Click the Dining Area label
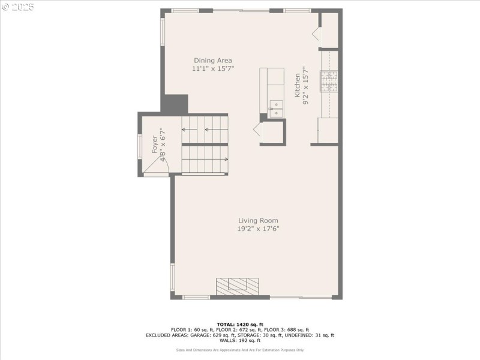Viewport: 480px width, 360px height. [212, 61]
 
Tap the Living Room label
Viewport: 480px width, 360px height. [258, 220]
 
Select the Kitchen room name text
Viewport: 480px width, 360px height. [297, 86]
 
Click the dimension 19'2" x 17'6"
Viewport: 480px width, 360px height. [258, 229]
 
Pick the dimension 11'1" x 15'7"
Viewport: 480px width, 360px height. [212, 69]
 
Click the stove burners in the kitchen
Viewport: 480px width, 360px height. [329, 82]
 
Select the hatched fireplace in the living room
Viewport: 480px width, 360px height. [238, 286]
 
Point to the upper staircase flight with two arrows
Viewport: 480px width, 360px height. [205, 129]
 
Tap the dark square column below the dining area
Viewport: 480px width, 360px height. [175, 103]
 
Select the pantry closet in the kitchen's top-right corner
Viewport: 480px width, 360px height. [329, 30]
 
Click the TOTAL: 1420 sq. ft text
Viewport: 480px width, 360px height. [240, 324]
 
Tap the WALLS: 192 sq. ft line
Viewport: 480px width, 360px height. [240, 340]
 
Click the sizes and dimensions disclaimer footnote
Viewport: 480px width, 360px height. [240, 350]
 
